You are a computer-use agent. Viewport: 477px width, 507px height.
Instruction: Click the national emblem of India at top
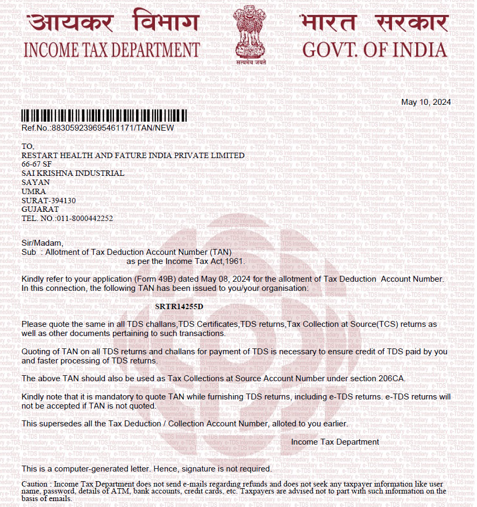(249, 33)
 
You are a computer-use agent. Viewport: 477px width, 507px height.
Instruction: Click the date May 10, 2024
(426, 102)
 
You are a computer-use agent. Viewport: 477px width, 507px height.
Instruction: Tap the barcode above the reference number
(104, 116)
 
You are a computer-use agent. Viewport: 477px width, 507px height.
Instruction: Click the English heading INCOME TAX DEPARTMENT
(111, 50)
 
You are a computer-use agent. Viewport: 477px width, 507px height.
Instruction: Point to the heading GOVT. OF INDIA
(375, 50)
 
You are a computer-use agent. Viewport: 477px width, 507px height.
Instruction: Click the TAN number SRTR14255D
(179, 306)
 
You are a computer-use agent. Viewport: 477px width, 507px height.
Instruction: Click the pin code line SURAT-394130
(48, 201)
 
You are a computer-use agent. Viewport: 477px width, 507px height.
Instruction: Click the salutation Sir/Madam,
(42, 243)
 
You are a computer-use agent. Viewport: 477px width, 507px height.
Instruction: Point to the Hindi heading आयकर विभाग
(111, 23)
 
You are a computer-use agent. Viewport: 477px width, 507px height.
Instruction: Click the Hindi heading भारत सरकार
(375, 23)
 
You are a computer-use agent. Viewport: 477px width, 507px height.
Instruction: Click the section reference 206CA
(391, 379)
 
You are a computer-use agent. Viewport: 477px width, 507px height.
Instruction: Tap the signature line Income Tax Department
(334, 442)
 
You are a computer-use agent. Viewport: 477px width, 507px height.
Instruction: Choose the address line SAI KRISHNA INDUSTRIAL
(73, 173)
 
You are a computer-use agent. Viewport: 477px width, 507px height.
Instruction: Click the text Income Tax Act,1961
(204, 261)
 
